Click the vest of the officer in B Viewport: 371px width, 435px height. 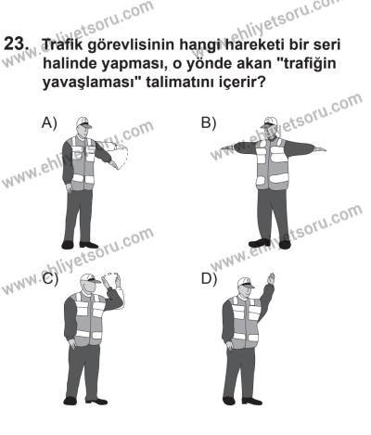coord(268,167)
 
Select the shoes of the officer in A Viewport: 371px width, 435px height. coord(82,245)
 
